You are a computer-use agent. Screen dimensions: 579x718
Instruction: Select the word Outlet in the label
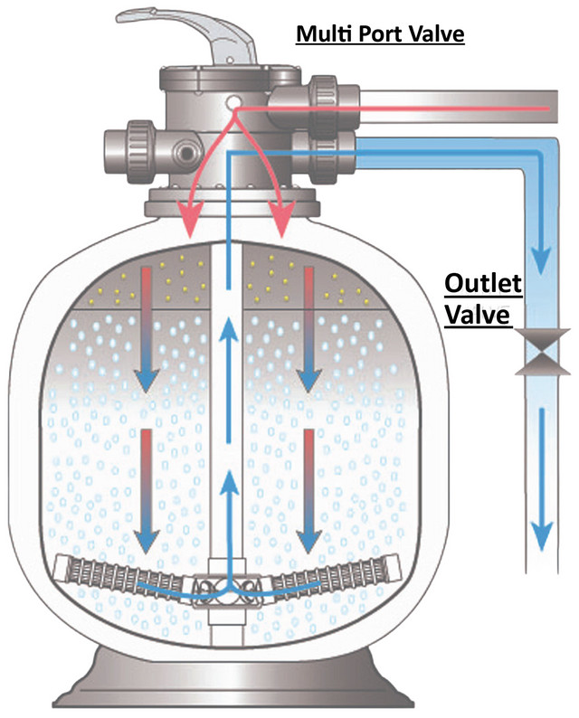click(x=483, y=283)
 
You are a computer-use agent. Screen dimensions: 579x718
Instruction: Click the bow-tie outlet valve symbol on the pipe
click(x=543, y=352)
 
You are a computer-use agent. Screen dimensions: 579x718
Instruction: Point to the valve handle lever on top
click(x=188, y=34)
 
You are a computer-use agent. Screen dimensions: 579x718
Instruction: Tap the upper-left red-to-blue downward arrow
click(x=147, y=329)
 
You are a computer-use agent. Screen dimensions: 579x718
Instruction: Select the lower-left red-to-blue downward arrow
click(x=147, y=491)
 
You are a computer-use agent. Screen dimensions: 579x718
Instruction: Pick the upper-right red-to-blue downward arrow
click(x=309, y=329)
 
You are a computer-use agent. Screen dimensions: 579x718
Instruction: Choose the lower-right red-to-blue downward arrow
click(x=309, y=491)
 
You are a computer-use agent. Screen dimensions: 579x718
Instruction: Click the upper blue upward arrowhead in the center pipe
click(x=229, y=330)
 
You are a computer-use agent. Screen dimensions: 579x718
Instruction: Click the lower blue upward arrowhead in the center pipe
click(x=230, y=482)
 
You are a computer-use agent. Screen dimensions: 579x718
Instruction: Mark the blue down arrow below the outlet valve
click(x=542, y=479)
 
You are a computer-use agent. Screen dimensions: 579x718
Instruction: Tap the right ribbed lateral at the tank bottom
click(x=335, y=576)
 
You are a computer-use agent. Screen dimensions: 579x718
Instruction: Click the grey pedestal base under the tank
click(x=233, y=678)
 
